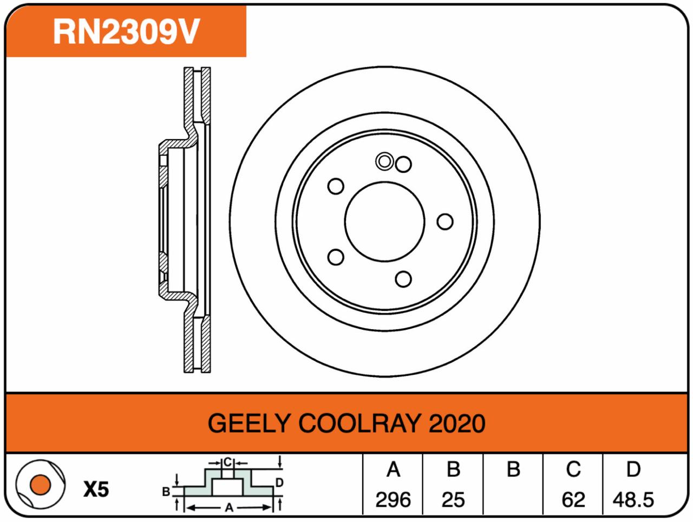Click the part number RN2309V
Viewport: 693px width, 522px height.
(126, 31)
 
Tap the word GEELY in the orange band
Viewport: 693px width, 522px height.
(249, 423)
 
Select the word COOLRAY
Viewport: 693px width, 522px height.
(359, 423)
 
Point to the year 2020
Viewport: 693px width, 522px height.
(457, 423)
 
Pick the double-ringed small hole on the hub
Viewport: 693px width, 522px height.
(384, 161)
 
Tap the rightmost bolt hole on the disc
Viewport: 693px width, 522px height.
(445, 221)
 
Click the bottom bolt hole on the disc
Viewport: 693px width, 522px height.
(403, 279)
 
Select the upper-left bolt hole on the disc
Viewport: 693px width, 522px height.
(336, 186)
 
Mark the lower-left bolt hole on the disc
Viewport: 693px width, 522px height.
(336, 257)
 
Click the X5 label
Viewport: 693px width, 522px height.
(96, 490)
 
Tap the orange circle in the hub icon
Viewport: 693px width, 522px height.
(40, 485)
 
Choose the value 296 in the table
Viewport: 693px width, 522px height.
(393, 500)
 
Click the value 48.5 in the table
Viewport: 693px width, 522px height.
(633, 500)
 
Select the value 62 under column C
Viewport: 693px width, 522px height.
(573, 500)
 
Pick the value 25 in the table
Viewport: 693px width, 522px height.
(453, 500)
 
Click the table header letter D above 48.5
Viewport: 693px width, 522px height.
(633, 469)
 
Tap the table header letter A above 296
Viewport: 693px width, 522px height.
(394, 469)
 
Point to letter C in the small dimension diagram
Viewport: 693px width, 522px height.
(227, 462)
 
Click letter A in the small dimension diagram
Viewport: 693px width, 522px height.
(229, 508)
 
